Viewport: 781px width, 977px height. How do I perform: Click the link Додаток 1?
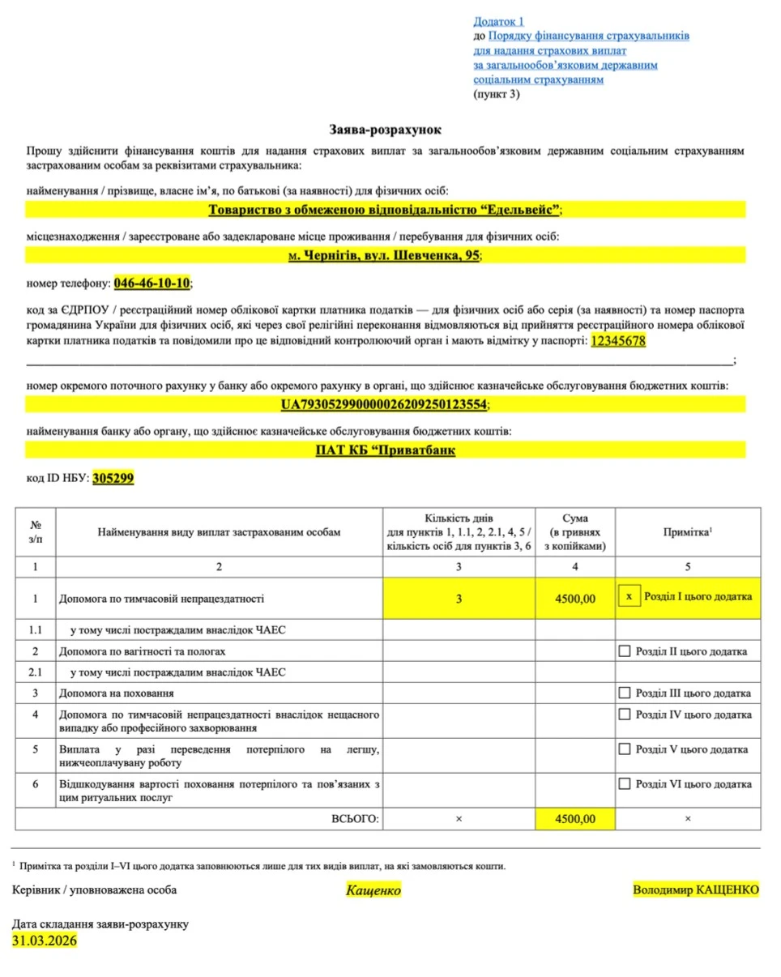(x=499, y=21)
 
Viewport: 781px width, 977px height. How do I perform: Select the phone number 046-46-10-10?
(x=152, y=283)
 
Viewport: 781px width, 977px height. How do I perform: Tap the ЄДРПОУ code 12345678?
(x=618, y=341)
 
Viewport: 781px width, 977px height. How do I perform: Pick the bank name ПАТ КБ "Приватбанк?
(x=385, y=450)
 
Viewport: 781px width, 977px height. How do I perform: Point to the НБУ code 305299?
(x=113, y=478)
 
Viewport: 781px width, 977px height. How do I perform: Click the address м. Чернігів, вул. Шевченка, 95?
(x=385, y=255)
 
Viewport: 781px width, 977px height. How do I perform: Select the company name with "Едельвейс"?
(x=384, y=209)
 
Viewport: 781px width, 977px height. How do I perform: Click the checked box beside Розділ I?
(x=628, y=597)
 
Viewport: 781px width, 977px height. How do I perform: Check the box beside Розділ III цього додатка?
(x=624, y=693)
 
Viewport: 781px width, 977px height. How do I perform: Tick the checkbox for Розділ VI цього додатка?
(x=624, y=783)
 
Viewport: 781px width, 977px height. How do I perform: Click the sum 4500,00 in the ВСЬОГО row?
(x=575, y=819)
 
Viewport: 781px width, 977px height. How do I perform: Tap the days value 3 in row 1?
(x=458, y=599)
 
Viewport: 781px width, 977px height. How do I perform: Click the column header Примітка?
(x=686, y=531)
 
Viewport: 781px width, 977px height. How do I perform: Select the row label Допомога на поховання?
(x=117, y=693)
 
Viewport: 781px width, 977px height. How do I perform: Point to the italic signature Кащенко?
(x=373, y=890)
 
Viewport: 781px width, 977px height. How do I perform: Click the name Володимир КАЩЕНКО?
(x=696, y=890)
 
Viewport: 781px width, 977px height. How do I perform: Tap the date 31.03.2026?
(x=45, y=941)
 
